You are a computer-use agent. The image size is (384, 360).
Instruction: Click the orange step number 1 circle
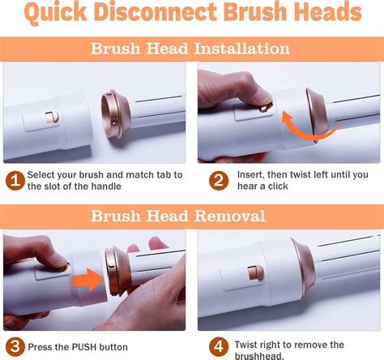coord(14,180)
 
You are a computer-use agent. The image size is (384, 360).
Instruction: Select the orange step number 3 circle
coord(14,347)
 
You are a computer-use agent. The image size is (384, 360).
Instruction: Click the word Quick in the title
coord(58,15)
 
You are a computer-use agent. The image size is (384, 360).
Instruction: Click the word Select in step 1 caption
coord(43,174)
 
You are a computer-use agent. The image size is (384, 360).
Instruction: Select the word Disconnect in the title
coord(154,15)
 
